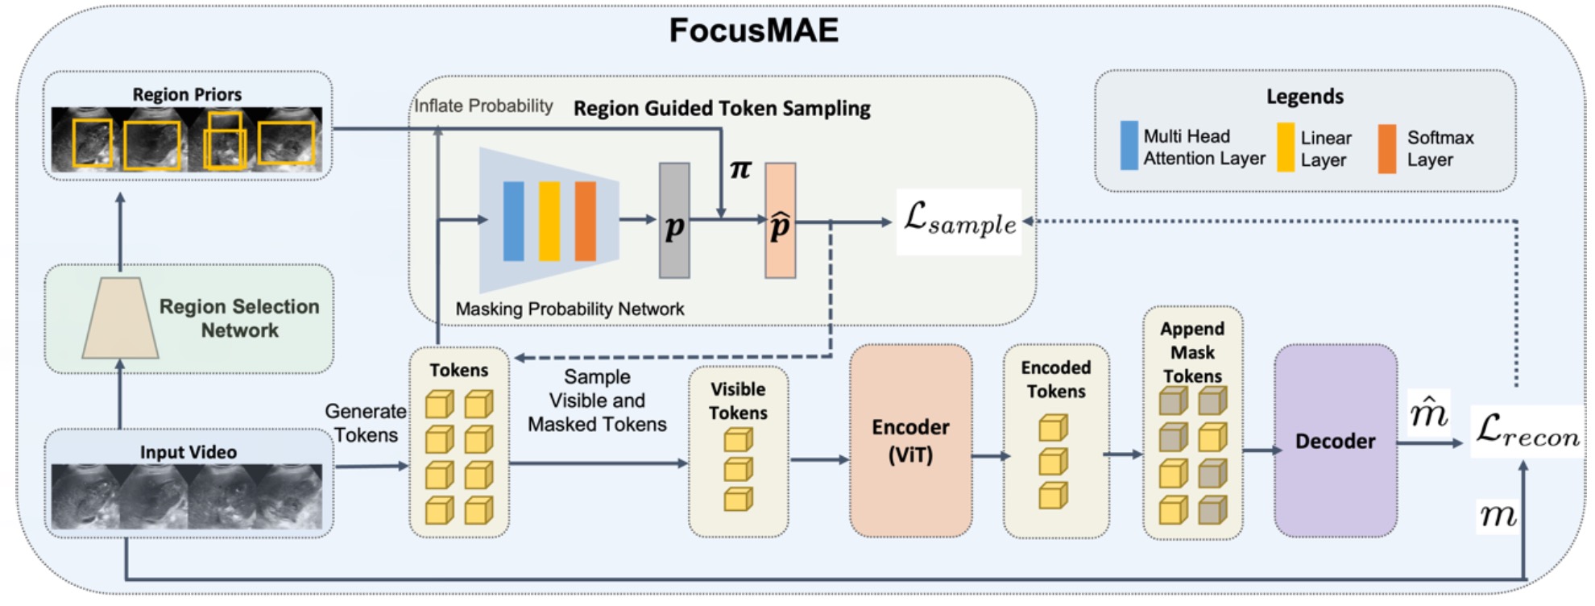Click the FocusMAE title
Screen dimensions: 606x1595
[x=753, y=31]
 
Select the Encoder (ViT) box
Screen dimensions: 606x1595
[x=910, y=440]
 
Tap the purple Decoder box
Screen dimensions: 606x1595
[x=1335, y=440]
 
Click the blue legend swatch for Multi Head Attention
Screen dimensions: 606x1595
[x=1129, y=145]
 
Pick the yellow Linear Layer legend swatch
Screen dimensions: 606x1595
[x=1286, y=147]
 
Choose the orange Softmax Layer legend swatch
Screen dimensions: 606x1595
[x=1386, y=148]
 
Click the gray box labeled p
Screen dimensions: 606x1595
[x=674, y=221]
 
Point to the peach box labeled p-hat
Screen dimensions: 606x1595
[x=780, y=221]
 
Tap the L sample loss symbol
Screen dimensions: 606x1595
[x=959, y=220]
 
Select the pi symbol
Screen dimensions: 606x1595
[x=740, y=169]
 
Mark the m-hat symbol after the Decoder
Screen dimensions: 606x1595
[x=1428, y=413]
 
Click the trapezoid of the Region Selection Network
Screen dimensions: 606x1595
[x=121, y=318]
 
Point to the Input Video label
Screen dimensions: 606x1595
[x=188, y=452]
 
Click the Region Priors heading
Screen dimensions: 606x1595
[x=187, y=94]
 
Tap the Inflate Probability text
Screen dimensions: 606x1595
[x=483, y=106]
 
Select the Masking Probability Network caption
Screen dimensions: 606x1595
[x=570, y=309]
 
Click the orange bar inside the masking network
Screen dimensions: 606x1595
[x=586, y=221]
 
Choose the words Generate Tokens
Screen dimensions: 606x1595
[x=366, y=423]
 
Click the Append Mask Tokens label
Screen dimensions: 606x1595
[x=1192, y=352]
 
